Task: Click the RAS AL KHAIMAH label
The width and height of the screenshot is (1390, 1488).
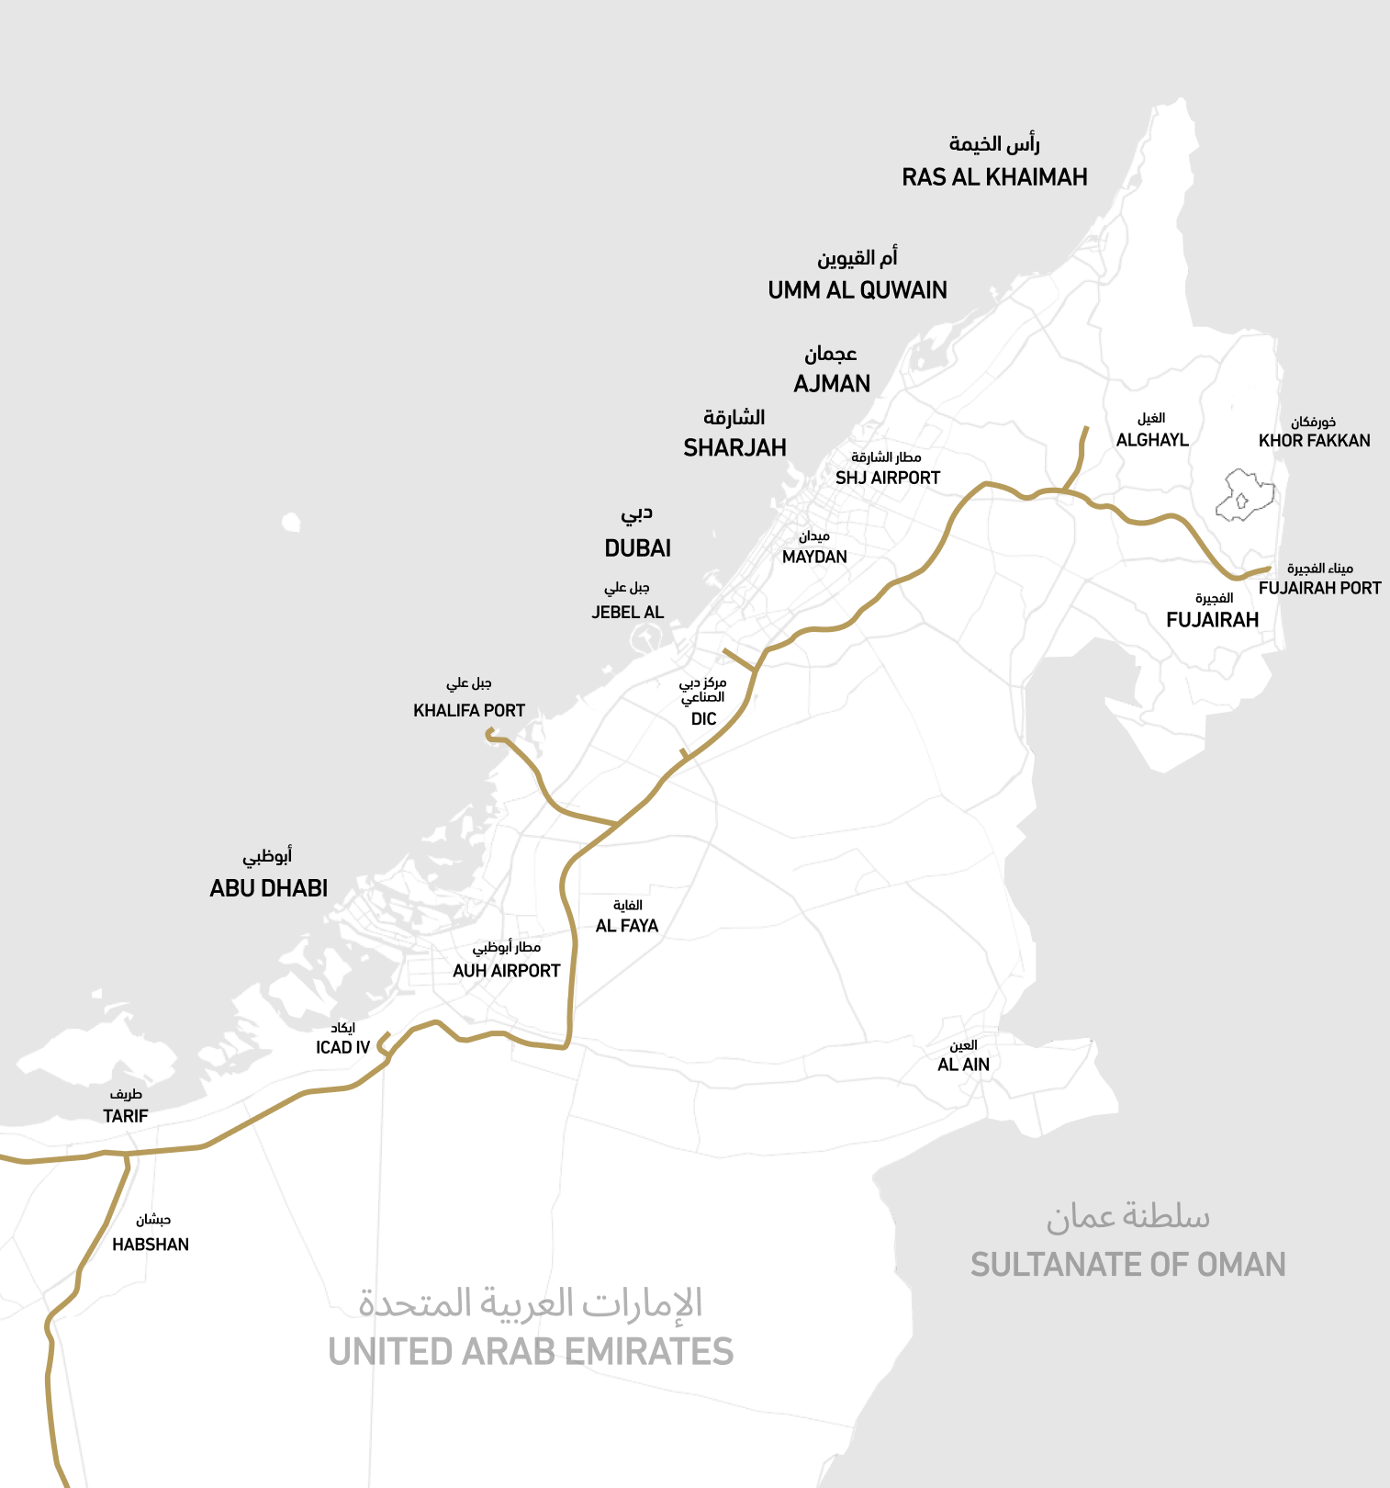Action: [994, 177]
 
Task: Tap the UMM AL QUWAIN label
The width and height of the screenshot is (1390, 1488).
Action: [858, 290]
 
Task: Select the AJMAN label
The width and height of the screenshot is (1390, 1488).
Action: [832, 384]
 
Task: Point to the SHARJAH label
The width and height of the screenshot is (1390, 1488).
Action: [734, 448]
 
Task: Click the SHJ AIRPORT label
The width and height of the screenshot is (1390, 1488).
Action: [888, 478]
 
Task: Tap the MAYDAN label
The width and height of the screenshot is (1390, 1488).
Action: [814, 557]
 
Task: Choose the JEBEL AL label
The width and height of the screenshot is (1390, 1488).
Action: [627, 612]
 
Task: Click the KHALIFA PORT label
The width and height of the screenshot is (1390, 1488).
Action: [469, 710]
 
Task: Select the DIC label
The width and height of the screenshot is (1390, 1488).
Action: [703, 718]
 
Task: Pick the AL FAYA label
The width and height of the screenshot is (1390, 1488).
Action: [627, 926]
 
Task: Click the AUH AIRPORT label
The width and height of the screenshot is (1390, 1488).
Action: [506, 971]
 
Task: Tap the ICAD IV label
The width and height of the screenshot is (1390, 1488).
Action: [342, 1048]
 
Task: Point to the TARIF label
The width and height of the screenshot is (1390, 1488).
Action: [126, 1116]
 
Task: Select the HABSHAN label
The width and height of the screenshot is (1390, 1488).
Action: [151, 1245]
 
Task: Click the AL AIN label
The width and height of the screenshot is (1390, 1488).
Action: [963, 1065]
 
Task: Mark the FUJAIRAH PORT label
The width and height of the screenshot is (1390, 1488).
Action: [1319, 588]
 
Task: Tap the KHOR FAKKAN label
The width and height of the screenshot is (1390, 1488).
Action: [1314, 441]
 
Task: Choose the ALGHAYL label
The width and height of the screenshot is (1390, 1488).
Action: [1152, 440]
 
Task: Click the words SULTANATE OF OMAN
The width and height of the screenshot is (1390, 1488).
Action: [1127, 1265]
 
